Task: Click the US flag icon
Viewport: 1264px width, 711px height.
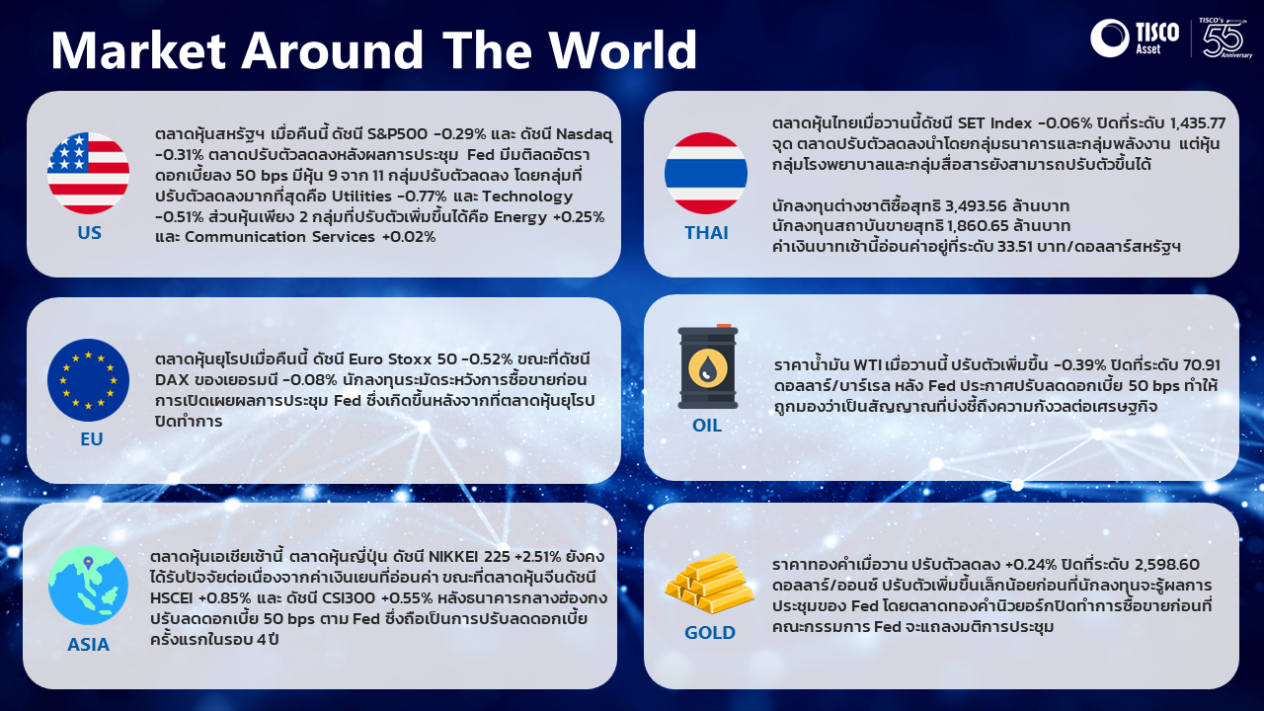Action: click(x=88, y=173)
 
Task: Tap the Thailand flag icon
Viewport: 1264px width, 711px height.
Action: click(x=706, y=173)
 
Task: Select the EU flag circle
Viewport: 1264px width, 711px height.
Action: click(x=88, y=380)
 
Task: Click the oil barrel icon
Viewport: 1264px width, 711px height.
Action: click(x=708, y=366)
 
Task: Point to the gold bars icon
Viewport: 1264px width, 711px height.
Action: click(x=709, y=583)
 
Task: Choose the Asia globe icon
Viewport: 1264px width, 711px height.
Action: click(x=88, y=586)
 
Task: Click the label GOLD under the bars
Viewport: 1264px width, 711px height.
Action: click(x=710, y=633)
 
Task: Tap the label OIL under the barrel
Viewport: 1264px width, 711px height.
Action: click(x=707, y=425)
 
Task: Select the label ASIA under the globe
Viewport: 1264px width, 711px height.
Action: click(x=88, y=645)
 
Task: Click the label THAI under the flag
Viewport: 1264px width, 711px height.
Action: click(x=706, y=232)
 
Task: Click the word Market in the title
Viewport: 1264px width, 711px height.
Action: click(x=138, y=49)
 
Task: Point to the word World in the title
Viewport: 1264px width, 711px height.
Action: click(x=623, y=49)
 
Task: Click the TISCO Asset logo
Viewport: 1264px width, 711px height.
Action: click(x=1135, y=38)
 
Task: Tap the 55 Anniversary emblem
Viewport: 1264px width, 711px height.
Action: click(x=1224, y=38)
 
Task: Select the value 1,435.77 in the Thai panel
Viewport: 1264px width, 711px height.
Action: click(x=1198, y=123)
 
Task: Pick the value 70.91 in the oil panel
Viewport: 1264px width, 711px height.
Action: click(x=1200, y=364)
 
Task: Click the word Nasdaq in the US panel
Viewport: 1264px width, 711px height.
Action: click(x=584, y=134)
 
